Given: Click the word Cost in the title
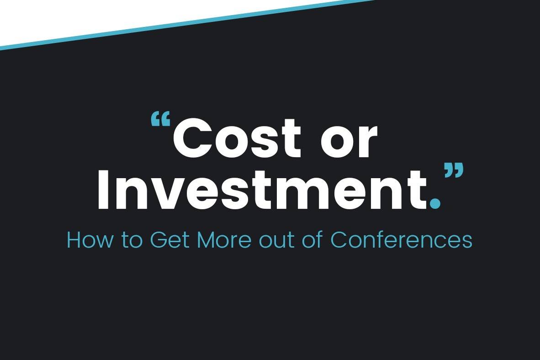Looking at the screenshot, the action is (x=237, y=138).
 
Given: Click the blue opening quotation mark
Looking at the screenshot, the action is (x=161, y=119).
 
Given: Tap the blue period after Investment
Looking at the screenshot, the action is (x=435, y=203).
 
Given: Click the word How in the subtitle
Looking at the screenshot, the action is (x=90, y=240).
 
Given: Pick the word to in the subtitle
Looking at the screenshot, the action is (x=132, y=240).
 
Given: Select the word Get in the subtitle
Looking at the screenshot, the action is (x=170, y=240).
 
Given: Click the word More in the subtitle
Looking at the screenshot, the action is (x=224, y=240).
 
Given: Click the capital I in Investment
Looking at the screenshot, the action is (x=103, y=189).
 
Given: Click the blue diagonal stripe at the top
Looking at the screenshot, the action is (x=188, y=24).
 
